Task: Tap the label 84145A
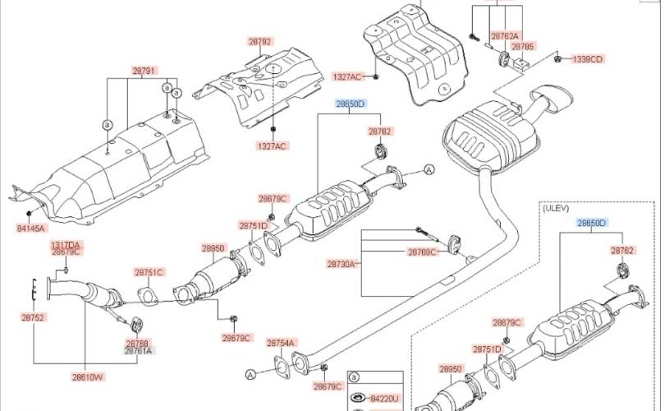click(30, 228)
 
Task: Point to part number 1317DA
click(66, 245)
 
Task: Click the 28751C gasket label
click(149, 272)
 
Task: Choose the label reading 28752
click(33, 316)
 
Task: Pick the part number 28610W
click(87, 377)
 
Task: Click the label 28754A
click(281, 343)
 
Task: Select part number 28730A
click(342, 264)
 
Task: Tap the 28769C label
click(423, 252)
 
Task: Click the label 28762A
click(505, 36)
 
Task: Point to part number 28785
click(523, 47)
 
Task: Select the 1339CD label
click(587, 59)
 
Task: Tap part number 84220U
click(383, 399)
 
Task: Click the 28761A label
click(138, 350)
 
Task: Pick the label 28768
click(138, 342)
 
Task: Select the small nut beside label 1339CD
click(557, 58)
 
